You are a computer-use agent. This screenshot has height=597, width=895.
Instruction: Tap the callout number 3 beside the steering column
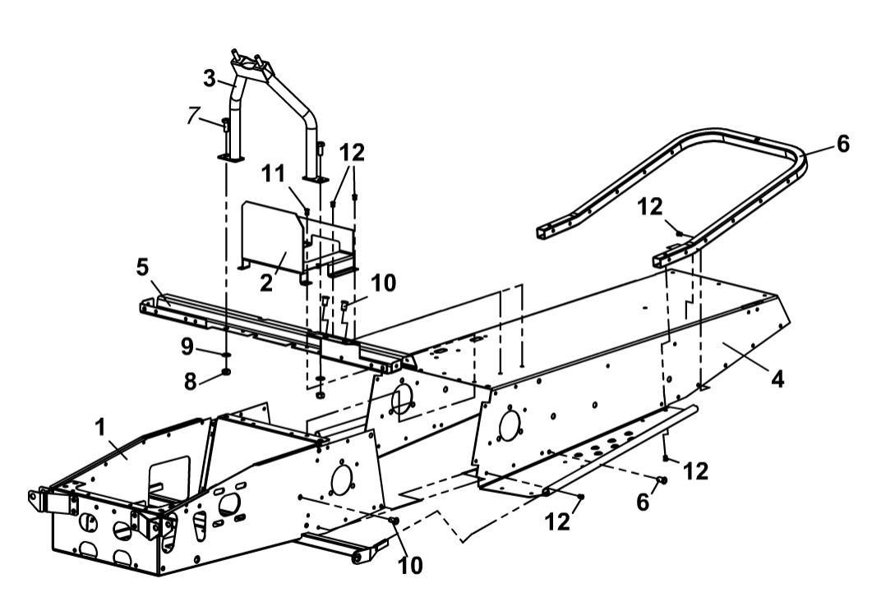pyautogui.click(x=210, y=80)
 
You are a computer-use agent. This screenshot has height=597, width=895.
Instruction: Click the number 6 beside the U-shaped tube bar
pyautogui.click(x=843, y=143)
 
